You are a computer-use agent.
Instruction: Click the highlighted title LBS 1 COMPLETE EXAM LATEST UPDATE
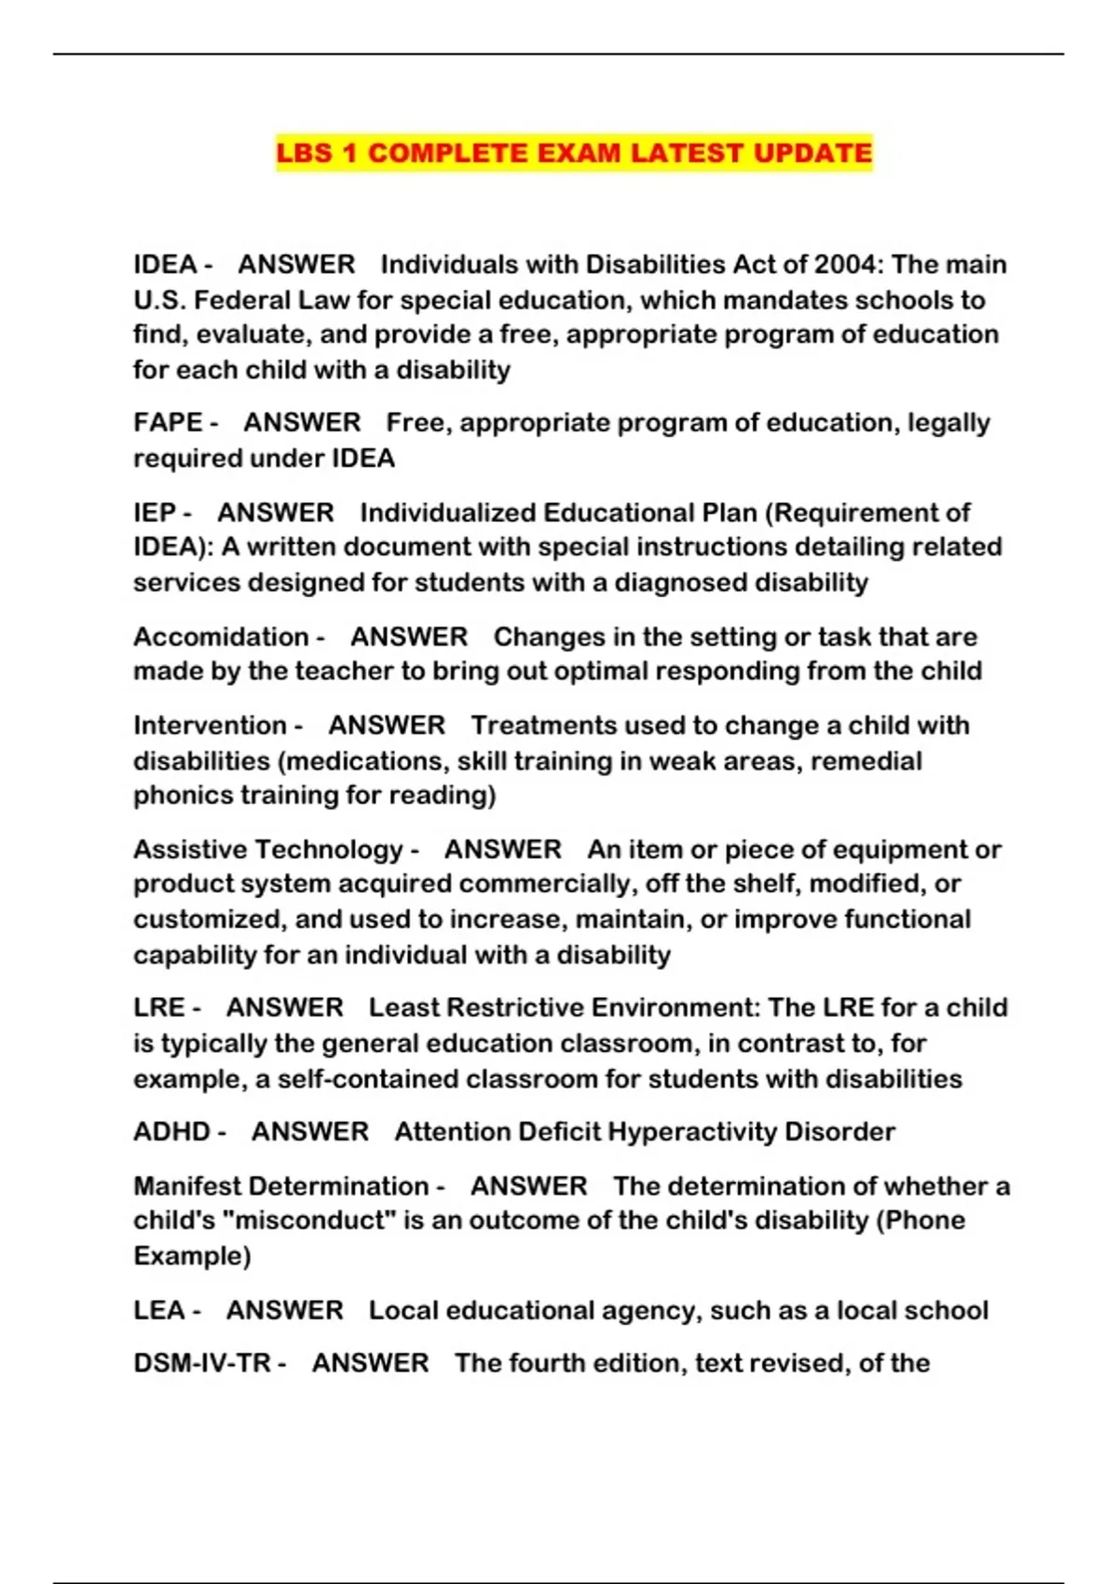574,153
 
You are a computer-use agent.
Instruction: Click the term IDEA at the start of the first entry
165,265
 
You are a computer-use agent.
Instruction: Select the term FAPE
168,422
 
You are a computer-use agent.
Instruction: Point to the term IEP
155,512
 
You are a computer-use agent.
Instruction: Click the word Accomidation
221,636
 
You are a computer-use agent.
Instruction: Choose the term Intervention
210,725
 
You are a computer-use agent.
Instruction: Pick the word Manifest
186,1186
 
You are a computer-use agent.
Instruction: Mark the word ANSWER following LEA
284,1310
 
